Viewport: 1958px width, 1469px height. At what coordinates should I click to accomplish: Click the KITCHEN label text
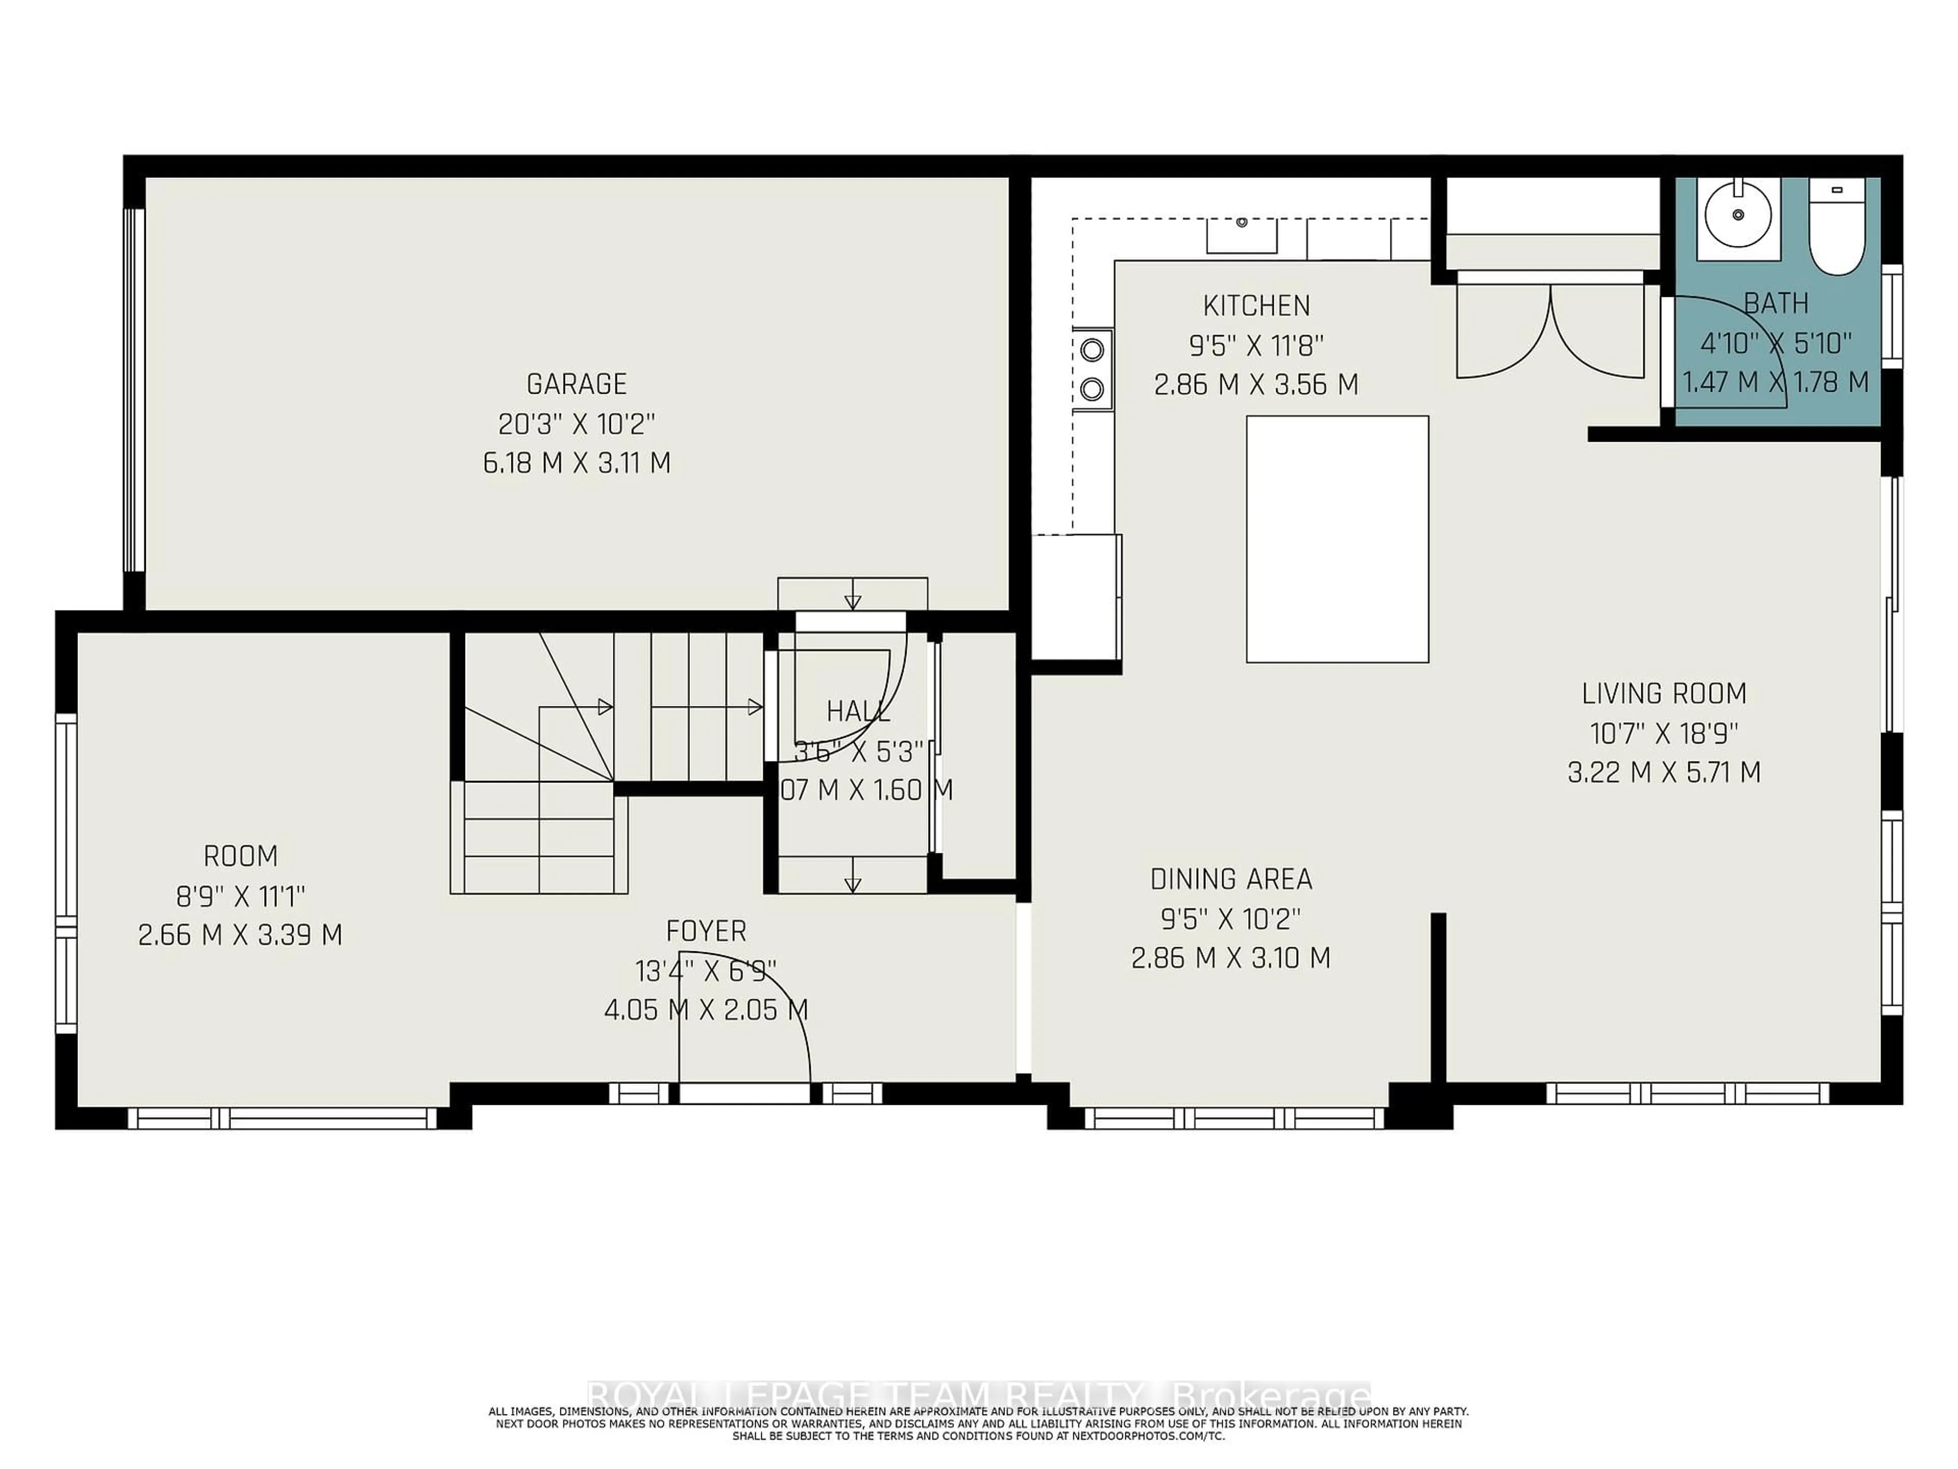coord(1256,306)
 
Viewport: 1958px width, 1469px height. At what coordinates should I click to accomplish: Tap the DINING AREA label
coord(1230,879)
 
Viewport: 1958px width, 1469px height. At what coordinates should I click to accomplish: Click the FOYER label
coord(706,931)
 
